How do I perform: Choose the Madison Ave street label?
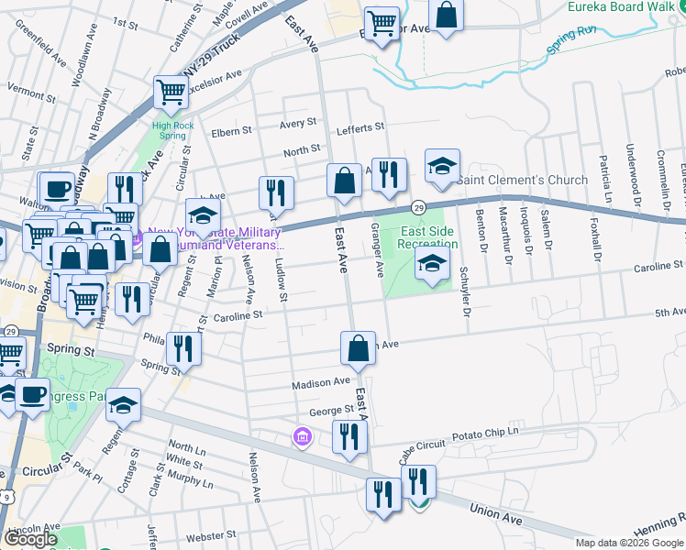321,382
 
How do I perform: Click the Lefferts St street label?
360,128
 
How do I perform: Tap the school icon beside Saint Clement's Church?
442,168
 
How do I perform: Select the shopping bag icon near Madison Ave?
357,349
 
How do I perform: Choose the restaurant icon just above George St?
349,437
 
